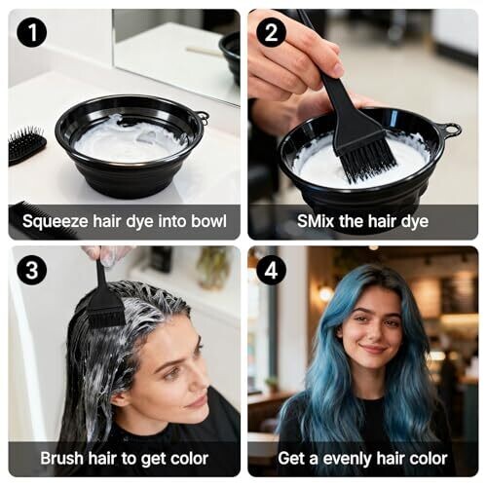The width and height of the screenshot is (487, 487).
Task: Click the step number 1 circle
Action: [32, 33]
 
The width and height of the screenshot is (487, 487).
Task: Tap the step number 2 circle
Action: [271, 33]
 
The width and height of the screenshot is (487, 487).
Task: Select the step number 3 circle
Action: [32, 270]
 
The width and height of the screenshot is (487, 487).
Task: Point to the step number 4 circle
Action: [271, 270]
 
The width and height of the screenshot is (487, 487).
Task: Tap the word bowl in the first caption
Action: [208, 221]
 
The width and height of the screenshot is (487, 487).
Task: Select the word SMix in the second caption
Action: [316, 221]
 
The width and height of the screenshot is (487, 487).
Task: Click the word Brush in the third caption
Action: [61, 458]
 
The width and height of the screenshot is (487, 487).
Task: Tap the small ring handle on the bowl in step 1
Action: [203, 117]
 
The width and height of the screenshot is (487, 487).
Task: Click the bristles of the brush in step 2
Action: [367, 158]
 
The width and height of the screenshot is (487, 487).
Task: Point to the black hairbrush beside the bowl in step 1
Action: [25, 147]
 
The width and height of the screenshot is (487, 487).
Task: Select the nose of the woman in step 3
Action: [203, 383]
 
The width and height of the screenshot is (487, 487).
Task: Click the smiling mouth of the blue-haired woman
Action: [373, 350]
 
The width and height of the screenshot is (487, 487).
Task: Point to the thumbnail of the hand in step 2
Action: [338, 67]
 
